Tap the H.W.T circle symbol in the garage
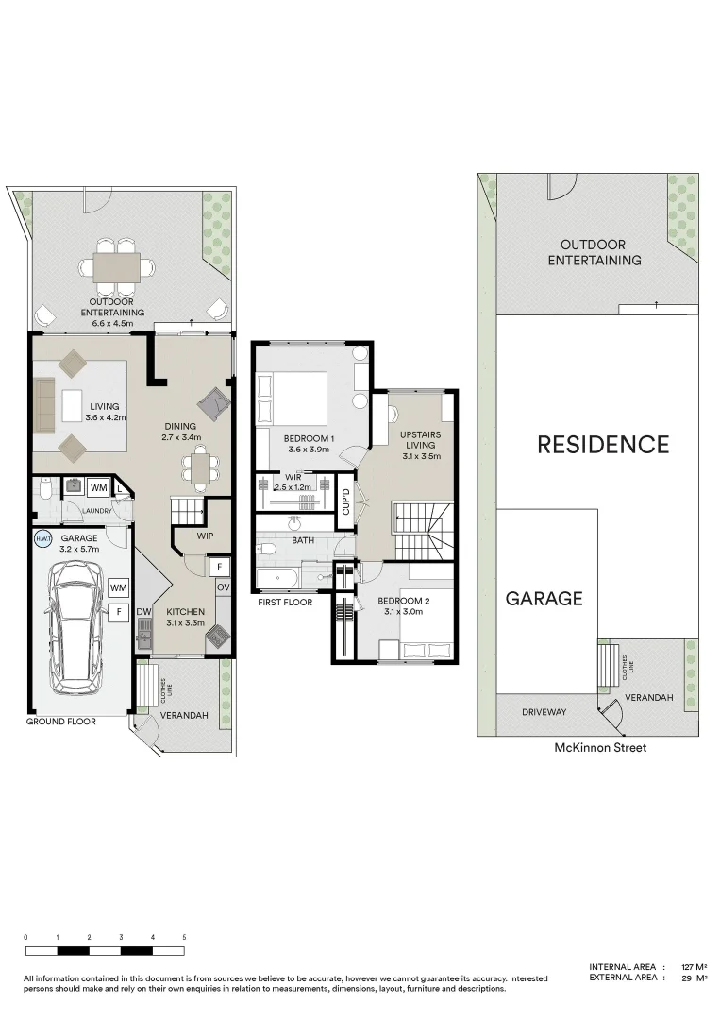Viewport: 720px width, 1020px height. tap(42, 539)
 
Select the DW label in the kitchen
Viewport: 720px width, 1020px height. tap(144, 611)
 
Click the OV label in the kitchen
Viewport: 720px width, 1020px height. tap(223, 587)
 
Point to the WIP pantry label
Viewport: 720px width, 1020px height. tap(205, 535)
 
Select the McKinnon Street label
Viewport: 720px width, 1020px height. tap(599, 747)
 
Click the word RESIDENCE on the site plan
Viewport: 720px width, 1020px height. tap(603, 445)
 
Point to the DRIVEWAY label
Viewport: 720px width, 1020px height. tap(544, 712)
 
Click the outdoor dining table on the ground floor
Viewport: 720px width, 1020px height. tap(116, 267)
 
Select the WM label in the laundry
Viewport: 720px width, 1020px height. tap(97, 487)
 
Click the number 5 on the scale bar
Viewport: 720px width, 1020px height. tap(184, 937)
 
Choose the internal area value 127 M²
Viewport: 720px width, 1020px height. tap(694, 967)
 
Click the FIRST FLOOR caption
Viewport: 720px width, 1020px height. tap(284, 601)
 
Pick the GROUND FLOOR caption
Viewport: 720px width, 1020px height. tap(60, 721)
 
